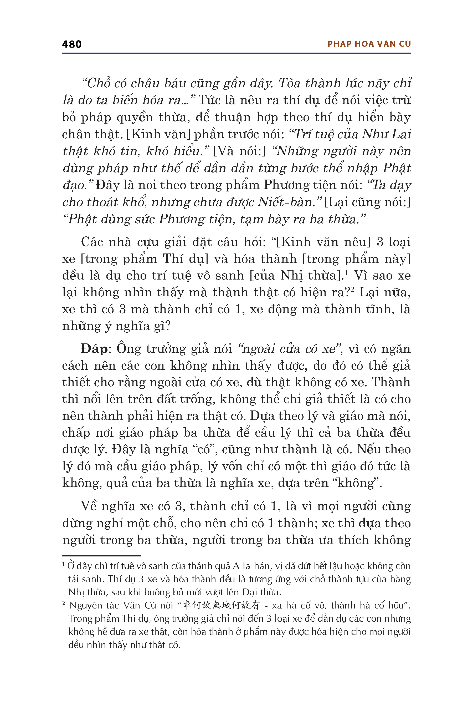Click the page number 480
tap(72, 44)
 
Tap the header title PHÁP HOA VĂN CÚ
tap(369, 44)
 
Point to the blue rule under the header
tap(236, 53)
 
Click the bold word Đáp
tap(94, 349)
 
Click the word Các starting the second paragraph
tap(92, 242)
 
